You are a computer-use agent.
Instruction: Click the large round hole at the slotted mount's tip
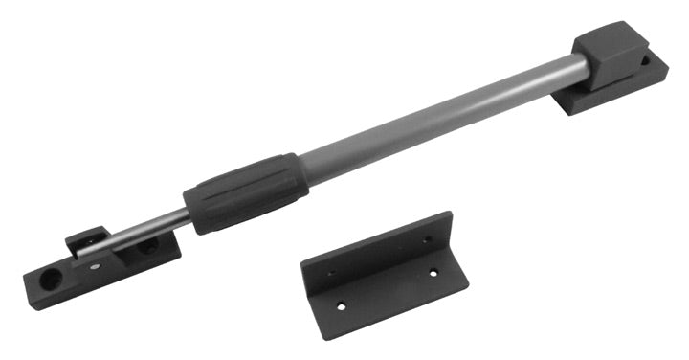coord(50,277)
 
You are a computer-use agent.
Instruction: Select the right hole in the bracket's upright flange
coord(425,239)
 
